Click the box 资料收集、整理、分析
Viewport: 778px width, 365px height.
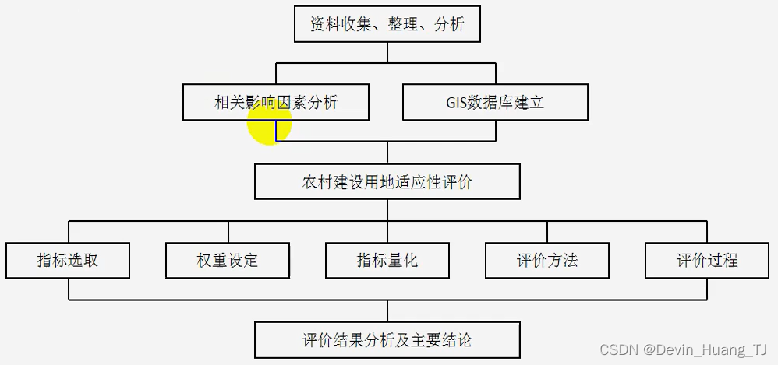(387, 24)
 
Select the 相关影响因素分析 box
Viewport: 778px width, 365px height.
(276, 102)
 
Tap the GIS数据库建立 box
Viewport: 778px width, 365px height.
(495, 102)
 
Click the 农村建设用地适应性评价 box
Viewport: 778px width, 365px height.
(387, 183)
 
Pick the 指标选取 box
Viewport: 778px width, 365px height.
(68, 260)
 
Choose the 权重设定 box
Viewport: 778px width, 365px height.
(228, 260)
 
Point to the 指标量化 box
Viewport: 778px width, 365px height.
(387, 260)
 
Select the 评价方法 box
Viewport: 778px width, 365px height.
(547, 260)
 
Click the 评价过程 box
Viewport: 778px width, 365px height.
(706, 260)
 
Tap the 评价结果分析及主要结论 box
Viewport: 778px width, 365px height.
(387, 340)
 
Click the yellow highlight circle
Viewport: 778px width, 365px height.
(269, 123)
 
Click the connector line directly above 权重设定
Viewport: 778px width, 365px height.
(228, 232)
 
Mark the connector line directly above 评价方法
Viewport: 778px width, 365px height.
(547, 232)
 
